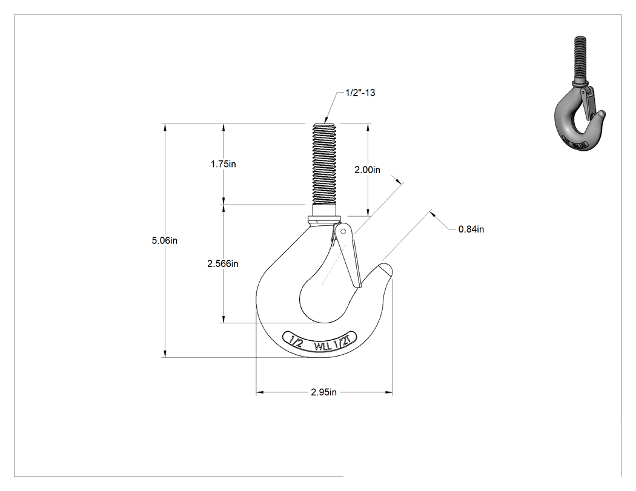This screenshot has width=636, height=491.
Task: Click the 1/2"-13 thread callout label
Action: pos(360,93)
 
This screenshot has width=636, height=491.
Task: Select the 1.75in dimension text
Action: pos(223,164)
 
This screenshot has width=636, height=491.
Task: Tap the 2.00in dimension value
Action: pos(368,170)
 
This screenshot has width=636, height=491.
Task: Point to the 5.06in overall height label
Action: pos(165,240)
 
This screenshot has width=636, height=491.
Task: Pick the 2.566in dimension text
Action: pos(223,264)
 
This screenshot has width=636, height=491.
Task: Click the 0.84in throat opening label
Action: pos(471,229)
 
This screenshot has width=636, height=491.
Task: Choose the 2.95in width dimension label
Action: pos(323,392)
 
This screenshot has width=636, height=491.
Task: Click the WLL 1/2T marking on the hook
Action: pos(334,345)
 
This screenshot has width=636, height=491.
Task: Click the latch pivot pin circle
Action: pos(343,231)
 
